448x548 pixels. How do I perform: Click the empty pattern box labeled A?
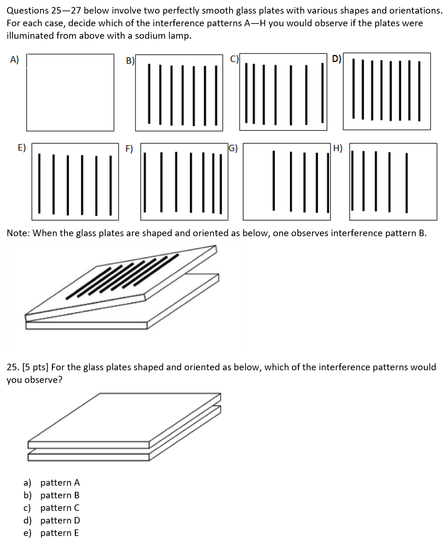click(x=70, y=92)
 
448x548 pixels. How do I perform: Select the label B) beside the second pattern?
click(x=130, y=60)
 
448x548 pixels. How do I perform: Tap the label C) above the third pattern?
click(x=235, y=59)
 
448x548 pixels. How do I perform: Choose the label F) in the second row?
click(x=129, y=149)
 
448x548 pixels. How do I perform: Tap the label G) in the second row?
click(x=233, y=149)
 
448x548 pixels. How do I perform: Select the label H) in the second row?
click(x=338, y=149)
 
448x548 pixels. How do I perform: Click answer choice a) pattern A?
click(x=52, y=482)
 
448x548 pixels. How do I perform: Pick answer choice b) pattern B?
click(x=52, y=495)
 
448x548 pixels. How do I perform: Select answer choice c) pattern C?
click(x=52, y=508)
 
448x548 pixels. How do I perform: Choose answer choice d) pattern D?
click(x=52, y=520)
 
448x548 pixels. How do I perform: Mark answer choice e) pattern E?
click(x=52, y=533)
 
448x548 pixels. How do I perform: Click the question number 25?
click(x=13, y=367)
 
